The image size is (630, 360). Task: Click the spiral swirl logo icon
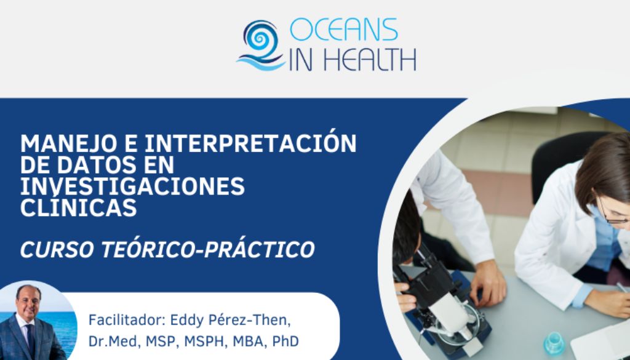coord(260,45)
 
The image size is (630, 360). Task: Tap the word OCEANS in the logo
coord(343,30)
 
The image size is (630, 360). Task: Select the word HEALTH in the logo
coord(369,60)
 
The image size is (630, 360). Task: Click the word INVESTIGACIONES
coord(132,186)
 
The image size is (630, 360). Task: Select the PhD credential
coord(285,342)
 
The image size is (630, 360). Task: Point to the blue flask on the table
coord(554,344)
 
